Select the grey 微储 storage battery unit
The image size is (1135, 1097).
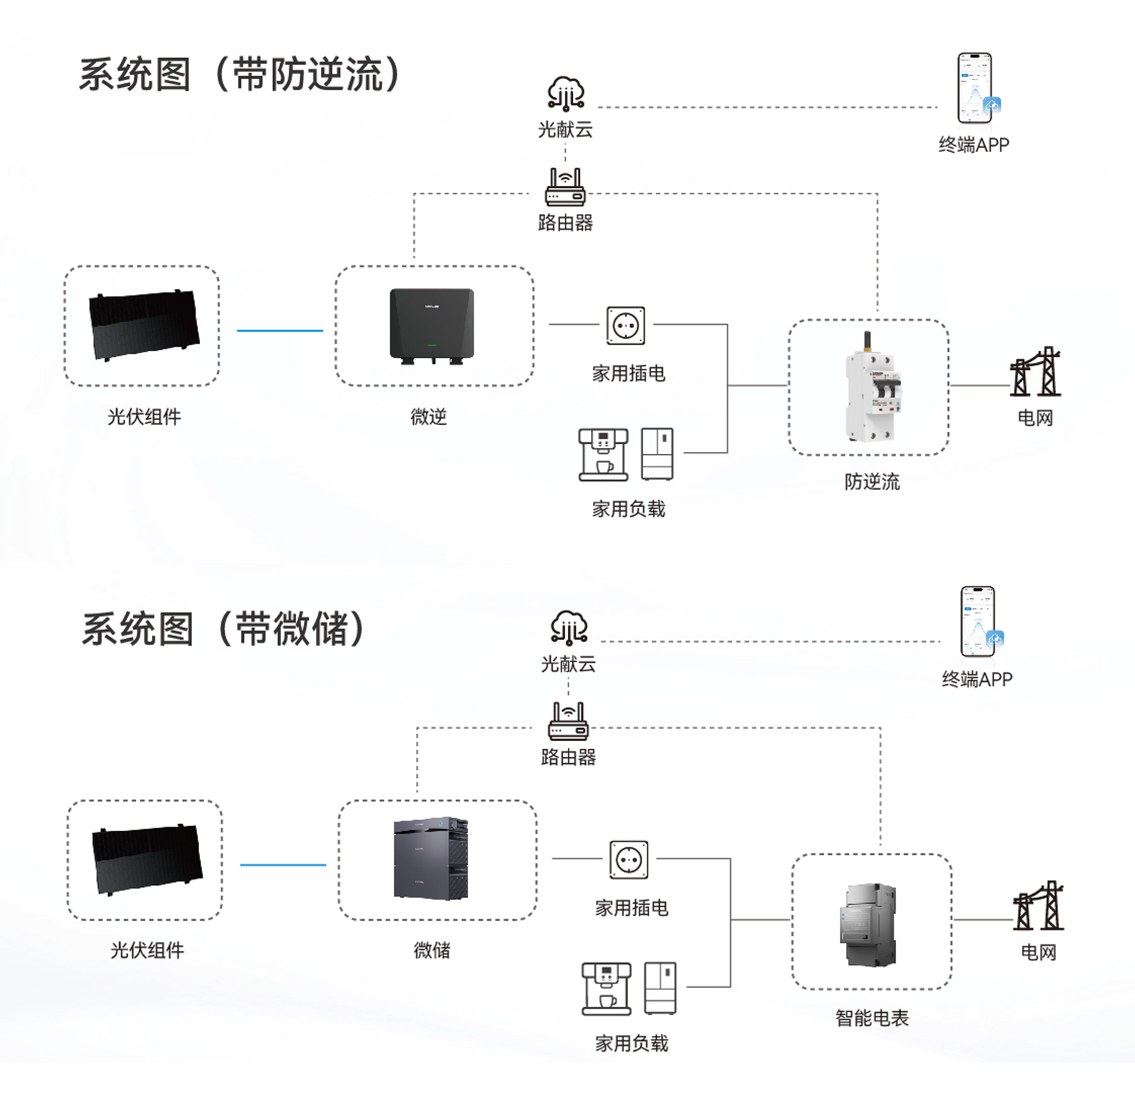coord(431,858)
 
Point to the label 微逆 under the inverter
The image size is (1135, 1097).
coord(429,417)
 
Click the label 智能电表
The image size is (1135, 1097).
coord(872,1018)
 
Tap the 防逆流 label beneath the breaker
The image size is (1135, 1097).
coord(872,482)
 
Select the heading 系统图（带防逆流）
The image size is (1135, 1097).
coord(240,74)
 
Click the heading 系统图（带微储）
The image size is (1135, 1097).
coord(224,629)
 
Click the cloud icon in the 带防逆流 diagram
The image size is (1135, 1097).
coord(566,93)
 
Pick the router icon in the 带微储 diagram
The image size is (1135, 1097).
coord(568,721)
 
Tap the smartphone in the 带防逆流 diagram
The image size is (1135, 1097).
coord(975,88)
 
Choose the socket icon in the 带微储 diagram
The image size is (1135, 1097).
coord(629,859)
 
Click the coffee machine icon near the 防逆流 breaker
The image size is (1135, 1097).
coord(603,455)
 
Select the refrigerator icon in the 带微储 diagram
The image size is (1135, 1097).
coord(660,988)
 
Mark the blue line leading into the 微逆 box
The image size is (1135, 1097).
coord(280,330)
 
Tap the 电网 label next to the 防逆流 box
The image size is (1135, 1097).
coord(1035,418)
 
